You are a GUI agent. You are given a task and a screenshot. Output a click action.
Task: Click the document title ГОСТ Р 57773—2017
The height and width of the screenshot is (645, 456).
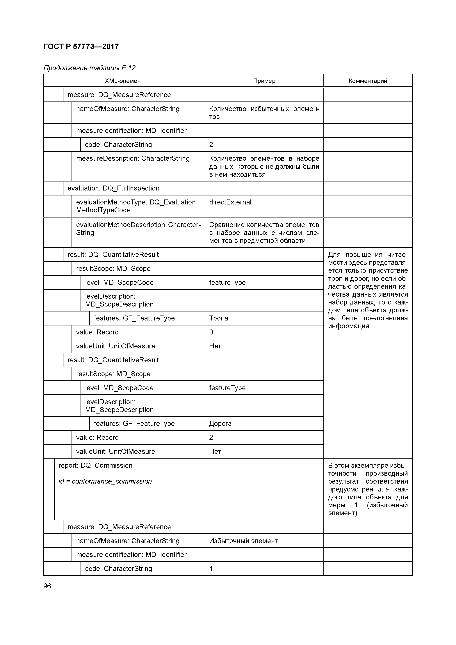pyautogui.click(x=81, y=47)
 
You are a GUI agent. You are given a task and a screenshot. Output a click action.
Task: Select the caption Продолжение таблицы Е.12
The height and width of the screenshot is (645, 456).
pyautogui.click(x=89, y=68)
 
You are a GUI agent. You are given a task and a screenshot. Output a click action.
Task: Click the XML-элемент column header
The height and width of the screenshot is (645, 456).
pyautogui.click(x=124, y=81)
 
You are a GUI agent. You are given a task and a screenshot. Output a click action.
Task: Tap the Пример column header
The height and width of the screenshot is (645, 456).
pyautogui.click(x=264, y=81)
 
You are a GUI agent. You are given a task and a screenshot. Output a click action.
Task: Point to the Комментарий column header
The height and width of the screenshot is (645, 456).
pyautogui.click(x=368, y=81)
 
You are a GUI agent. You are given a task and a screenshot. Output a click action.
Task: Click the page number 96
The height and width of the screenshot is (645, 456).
pyautogui.click(x=47, y=586)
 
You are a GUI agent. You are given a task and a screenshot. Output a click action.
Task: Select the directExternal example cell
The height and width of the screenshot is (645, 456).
pyautogui.click(x=230, y=202)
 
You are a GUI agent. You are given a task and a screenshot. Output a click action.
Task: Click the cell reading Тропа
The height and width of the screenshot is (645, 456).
pyautogui.click(x=219, y=318)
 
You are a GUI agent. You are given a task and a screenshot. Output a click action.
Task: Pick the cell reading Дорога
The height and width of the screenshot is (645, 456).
pyautogui.click(x=220, y=424)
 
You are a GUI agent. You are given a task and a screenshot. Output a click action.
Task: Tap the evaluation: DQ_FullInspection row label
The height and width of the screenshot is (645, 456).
pyautogui.click(x=113, y=188)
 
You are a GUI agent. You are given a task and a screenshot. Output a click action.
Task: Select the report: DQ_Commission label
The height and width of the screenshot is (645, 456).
pyautogui.click(x=95, y=466)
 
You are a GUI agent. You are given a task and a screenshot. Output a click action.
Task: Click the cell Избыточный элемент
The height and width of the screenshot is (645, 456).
pyautogui.click(x=243, y=541)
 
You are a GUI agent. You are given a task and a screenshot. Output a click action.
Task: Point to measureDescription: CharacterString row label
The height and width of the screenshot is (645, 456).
pyautogui.click(x=133, y=158)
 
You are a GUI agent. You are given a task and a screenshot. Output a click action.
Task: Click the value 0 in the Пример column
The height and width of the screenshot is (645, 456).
pyautogui.click(x=211, y=332)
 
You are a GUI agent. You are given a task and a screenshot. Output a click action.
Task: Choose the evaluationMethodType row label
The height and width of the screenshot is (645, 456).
pyautogui.click(x=136, y=206)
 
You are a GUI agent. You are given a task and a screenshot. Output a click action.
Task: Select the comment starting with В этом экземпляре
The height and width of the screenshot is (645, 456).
pyautogui.click(x=368, y=489)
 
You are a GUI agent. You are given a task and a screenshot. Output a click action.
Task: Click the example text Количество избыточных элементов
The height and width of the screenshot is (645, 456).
pyautogui.click(x=264, y=113)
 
